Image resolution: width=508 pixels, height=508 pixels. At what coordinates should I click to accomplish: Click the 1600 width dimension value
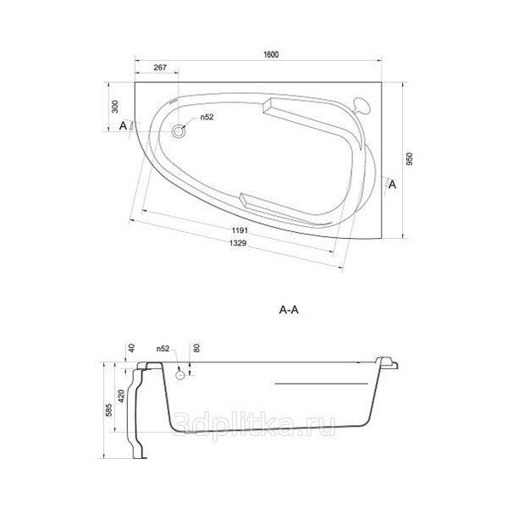click(x=271, y=54)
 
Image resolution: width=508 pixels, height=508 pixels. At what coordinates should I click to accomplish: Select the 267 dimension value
click(x=160, y=68)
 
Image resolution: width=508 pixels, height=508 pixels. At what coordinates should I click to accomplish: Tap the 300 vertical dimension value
click(x=115, y=107)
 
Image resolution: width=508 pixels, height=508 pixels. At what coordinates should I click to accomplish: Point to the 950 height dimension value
click(x=410, y=159)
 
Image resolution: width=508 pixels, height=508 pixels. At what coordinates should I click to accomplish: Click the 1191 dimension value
click(x=240, y=230)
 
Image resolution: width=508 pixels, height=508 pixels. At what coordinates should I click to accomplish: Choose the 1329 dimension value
click(x=238, y=243)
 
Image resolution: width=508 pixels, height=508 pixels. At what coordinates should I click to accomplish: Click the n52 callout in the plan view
click(x=207, y=117)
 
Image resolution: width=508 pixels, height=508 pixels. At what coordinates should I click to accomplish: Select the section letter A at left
click(x=123, y=125)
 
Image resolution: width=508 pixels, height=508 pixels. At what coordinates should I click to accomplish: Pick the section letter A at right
click(x=392, y=185)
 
